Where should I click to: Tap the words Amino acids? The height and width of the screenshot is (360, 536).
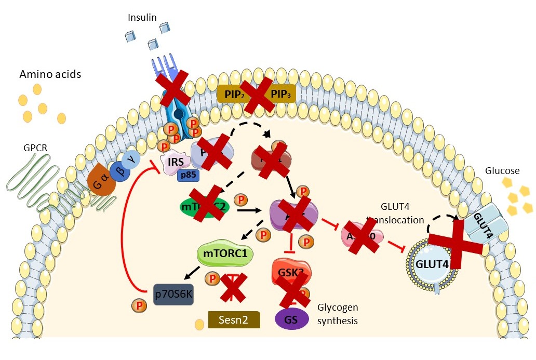50,74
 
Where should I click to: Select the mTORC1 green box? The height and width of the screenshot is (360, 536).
225,254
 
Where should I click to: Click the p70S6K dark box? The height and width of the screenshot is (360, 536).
174,295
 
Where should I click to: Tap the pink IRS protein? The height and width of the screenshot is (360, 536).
175,162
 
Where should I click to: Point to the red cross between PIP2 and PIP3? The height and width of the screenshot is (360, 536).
257,95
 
